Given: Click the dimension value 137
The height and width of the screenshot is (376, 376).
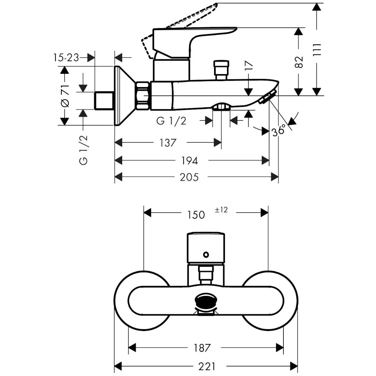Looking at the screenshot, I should [168, 143].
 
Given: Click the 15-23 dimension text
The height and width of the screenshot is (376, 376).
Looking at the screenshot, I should [66, 57].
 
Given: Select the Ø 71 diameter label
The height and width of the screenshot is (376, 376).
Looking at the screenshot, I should [65, 96].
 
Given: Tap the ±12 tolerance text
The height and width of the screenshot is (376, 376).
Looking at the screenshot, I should [221, 210].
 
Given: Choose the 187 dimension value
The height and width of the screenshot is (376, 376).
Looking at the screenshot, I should [202, 347].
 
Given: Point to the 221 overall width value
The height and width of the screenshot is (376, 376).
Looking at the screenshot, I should [206, 366].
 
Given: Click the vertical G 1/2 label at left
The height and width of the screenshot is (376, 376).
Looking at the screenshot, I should [84, 150].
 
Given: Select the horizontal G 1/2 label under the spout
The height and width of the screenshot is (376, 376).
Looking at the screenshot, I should [171, 121].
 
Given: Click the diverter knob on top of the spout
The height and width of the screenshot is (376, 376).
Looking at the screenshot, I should [221, 69].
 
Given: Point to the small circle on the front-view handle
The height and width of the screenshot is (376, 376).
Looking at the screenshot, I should [206, 254].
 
